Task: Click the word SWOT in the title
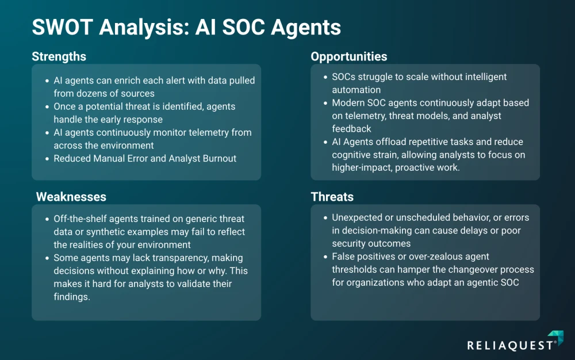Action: [62, 27]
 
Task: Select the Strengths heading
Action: [59, 56]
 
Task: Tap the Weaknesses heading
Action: [71, 197]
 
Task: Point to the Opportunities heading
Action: [349, 56]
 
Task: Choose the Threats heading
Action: [332, 197]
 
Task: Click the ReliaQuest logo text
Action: [511, 346]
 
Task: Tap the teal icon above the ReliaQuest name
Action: [556, 337]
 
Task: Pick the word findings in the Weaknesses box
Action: [71, 297]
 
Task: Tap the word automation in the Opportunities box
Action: [356, 90]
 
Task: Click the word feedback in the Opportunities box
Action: [352, 129]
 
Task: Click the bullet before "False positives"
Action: [325, 256]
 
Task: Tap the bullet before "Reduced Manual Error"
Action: [47, 159]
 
